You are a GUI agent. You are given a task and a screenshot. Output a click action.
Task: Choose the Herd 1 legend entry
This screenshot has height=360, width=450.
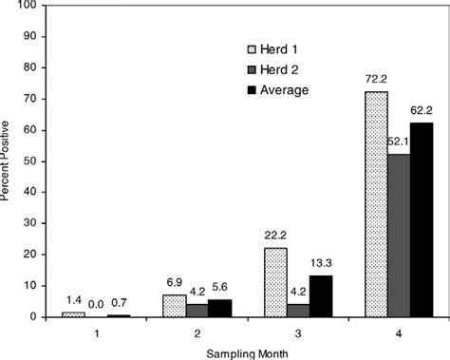coord(275,49)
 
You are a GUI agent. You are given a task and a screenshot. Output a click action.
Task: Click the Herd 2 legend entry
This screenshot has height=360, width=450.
coord(275,69)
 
